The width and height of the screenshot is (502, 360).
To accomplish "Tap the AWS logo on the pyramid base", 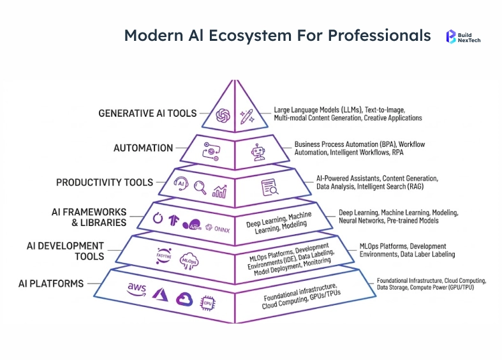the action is [x=137, y=289].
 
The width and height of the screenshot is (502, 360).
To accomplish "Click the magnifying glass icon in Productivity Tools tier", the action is [x=201, y=188].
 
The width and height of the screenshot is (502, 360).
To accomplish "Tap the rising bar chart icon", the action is [x=220, y=190].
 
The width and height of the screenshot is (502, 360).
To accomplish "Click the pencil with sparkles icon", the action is [x=246, y=116].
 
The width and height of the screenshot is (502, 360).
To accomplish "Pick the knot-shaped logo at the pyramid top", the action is [x=223, y=115].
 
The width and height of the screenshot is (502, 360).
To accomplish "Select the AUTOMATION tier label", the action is [x=143, y=148].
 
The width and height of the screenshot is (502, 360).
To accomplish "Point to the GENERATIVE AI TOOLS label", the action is [x=147, y=114].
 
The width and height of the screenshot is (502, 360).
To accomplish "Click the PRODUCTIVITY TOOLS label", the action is [x=105, y=183].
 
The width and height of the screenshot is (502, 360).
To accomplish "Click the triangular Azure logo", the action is [x=159, y=293].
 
